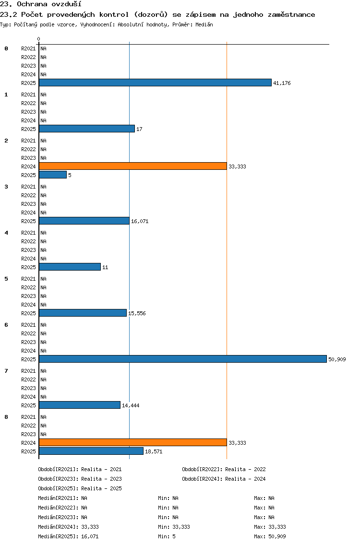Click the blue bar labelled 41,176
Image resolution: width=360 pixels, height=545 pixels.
tap(155, 83)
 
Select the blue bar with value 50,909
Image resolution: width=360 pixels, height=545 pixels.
tap(183, 359)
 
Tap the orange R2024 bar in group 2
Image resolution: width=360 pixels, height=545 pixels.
tap(133, 166)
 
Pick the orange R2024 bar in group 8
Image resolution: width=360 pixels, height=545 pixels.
tap(133, 442)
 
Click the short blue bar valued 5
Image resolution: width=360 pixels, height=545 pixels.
tap(53, 175)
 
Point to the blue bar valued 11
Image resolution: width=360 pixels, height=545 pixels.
tap(70, 267)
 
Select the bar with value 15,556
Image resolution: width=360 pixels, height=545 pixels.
tap(83, 313)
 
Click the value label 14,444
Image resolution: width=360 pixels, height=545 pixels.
tap(131, 405)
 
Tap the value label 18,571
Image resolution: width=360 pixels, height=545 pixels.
tap(154, 451)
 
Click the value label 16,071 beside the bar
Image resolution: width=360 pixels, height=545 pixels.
tap(140, 222)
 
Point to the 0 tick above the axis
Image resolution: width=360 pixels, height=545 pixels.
tap(38, 39)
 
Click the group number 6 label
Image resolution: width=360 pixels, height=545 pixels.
tap(6, 325)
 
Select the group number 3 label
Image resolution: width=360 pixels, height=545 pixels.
tap(6, 187)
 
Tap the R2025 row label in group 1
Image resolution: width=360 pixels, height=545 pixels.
tap(28, 129)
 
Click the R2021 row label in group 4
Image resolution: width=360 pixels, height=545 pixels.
tap(28, 233)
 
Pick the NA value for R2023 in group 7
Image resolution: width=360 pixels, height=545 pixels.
tap(44, 388)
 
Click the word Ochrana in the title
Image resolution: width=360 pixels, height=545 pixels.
tap(32, 4)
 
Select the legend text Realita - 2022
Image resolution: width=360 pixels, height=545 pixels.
tap(246, 469)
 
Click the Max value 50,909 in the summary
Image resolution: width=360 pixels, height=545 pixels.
tap(277, 536)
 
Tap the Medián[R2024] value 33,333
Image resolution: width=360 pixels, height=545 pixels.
tap(90, 527)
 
